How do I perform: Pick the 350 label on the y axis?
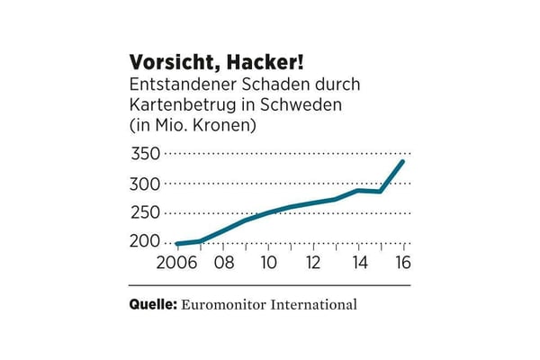click(146, 155)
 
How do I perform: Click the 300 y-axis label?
click(146, 184)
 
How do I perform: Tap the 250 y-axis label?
click(146, 213)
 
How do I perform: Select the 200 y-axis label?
click(146, 242)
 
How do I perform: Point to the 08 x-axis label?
click(223, 265)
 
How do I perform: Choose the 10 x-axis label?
click(267, 265)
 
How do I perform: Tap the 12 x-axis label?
click(313, 265)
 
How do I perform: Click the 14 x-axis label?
click(359, 265)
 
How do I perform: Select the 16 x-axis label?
click(403, 265)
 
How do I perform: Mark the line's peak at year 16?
click(403, 161)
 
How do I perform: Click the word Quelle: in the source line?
click(153, 304)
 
